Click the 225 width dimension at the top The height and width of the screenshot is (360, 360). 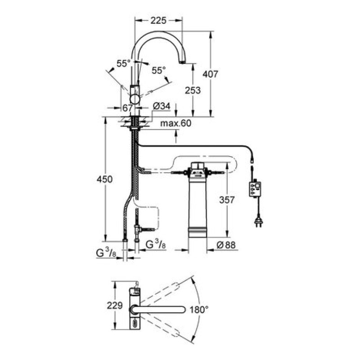[x=158, y=21]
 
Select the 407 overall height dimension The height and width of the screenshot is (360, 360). [x=210, y=74]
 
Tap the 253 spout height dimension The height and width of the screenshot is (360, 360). [x=193, y=90]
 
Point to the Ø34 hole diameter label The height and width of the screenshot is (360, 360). [x=162, y=106]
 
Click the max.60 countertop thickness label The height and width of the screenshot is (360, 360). [x=175, y=123]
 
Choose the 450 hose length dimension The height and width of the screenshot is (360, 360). [x=105, y=179]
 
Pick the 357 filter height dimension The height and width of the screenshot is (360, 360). [x=227, y=200]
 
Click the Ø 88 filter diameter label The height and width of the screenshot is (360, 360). [x=226, y=245]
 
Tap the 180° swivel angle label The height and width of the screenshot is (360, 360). [x=199, y=310]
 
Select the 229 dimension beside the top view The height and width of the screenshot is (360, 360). [x=115, y=306]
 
